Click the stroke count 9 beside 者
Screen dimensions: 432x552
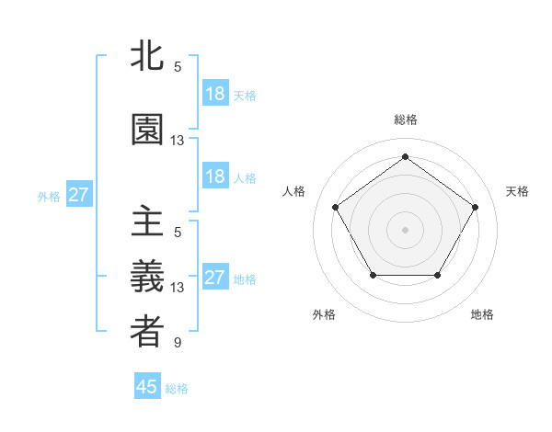click(x=178, y=344)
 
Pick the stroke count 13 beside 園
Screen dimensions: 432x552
click(x=178, y=141)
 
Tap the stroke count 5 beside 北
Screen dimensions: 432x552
click(x=178, y=67)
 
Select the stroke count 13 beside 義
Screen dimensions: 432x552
click(x=178, y=288)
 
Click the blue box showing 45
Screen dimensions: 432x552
click(x=147, y=387)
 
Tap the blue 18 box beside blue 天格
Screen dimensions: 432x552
click(x=214, y=94)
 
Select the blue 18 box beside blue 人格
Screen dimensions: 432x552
click(x=214, y=176)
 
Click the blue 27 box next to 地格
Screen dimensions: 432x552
click(x=214, y=278)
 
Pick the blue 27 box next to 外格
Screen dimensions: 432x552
click(x=78, y=195)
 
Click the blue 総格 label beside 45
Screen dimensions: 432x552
click(x=177, y=389)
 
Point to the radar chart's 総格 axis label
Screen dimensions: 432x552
click(x=405, y=119)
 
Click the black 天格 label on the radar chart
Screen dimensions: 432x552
click(x=517, y=191)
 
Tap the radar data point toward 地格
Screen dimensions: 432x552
click(x=437, y=275)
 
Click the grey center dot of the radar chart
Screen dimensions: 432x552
click(x=405, y=229)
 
